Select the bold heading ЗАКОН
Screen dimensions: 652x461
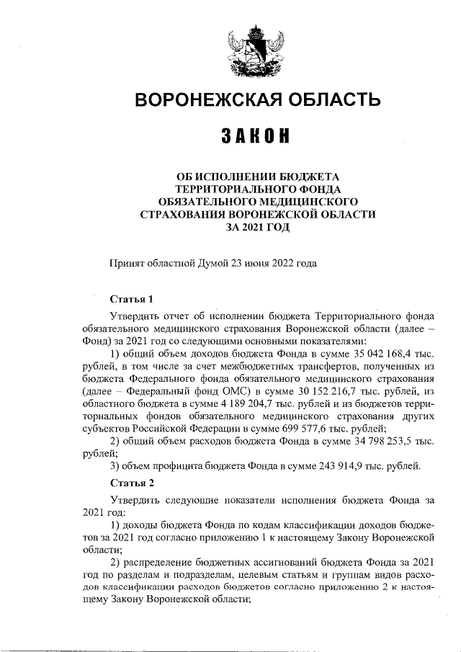[x=257, y=136]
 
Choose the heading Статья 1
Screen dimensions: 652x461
[x=131, y=299]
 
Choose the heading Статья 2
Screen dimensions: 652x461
[x=131, y=482]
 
